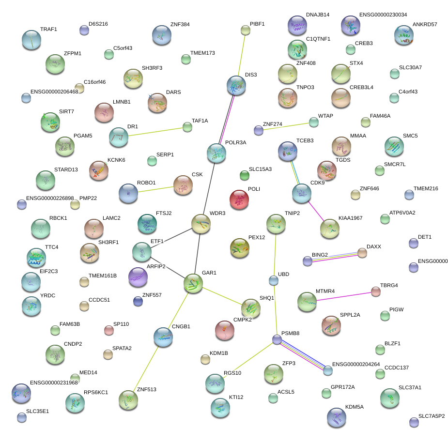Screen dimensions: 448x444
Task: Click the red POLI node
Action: coord(239,199)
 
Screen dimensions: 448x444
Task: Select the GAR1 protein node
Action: coord(193,283)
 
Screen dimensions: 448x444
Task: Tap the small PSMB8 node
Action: coord(277,340)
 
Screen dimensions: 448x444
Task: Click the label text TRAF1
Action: coord(48,30)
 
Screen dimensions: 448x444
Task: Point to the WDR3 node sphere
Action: coord(201,224)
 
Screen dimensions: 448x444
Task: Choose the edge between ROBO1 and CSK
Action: coord(156,188)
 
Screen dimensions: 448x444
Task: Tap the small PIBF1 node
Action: coord(246,31)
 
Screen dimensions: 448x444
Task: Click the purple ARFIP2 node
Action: coord(138,277)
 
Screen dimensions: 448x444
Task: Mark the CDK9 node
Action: coord(301,193)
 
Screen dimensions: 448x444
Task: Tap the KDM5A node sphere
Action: coord(336,417)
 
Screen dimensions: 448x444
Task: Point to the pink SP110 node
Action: coord(109,331)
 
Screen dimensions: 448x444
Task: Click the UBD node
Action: coord(274,280)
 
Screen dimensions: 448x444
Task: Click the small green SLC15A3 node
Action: coord(244,175)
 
